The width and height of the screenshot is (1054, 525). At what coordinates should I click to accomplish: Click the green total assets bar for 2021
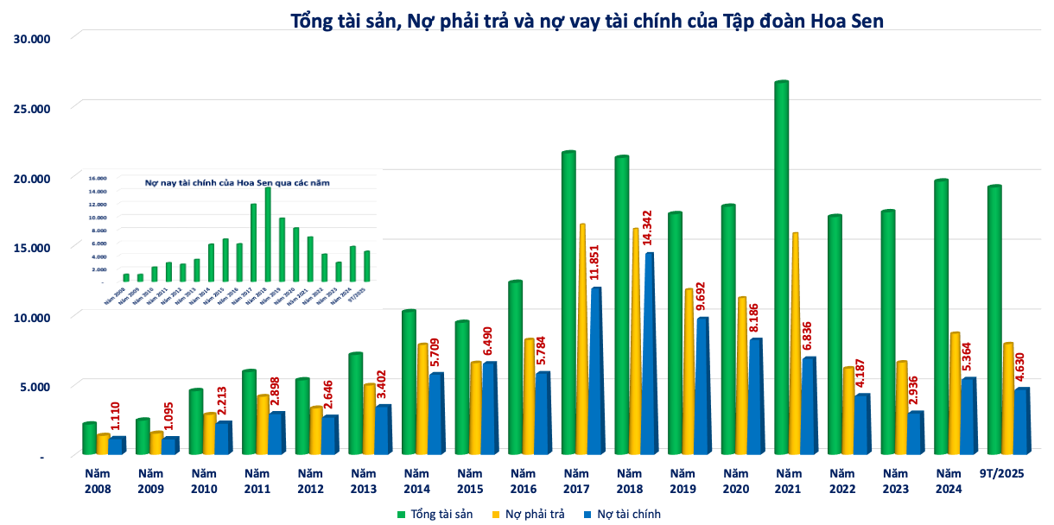point(781,268)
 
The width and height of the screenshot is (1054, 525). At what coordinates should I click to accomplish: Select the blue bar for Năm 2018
point(649,354)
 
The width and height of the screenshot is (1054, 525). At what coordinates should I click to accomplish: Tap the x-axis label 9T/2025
point(1000,474)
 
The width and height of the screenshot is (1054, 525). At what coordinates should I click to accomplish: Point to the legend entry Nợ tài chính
point(625,515)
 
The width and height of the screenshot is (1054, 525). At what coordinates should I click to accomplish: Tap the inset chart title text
point(237,183)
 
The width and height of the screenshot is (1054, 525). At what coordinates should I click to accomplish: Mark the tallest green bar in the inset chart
point(268,234)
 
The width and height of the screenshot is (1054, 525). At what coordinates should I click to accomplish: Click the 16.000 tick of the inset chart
point(97,177)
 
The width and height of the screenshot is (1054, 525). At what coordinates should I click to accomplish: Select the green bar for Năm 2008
point(89,439)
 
